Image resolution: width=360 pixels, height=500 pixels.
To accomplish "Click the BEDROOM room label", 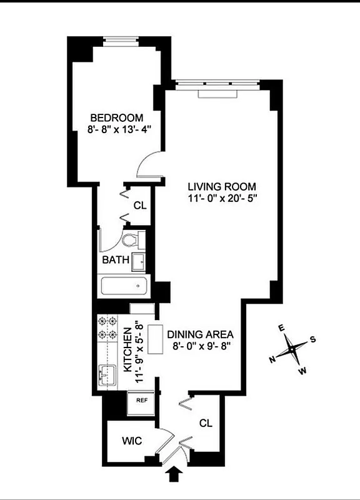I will (x=117, y=117).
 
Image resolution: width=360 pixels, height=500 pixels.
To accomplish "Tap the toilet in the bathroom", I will (x=132, y=239).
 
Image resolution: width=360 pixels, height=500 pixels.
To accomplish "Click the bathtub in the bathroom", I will (x=124, y=287).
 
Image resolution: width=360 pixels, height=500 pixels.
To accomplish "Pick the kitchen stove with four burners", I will (x=108, y=330).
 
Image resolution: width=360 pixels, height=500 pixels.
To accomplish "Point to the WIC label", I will (x=131, y=441).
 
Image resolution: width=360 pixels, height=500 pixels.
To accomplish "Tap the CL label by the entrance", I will (x=206, y=423).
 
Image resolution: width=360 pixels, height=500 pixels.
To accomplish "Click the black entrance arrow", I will (x=174, y=475).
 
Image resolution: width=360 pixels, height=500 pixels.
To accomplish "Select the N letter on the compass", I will (x=272, y=359).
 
